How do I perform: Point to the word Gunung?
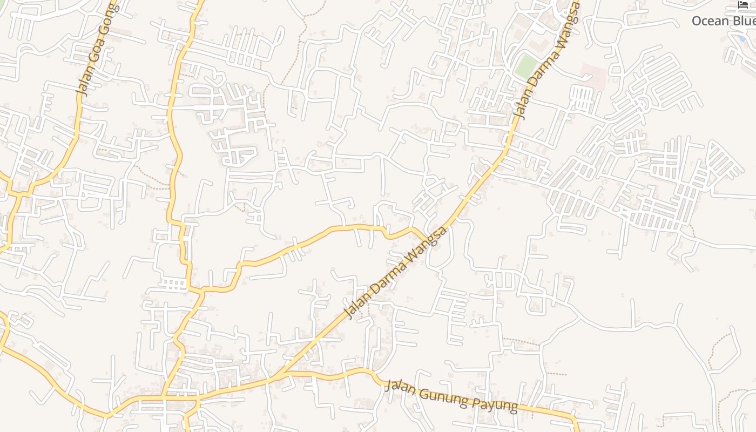(x=441, y=396)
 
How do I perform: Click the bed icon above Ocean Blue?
(x=743, y=5)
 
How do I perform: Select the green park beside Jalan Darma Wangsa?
(x=526, y=66)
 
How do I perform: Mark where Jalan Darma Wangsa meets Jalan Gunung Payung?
(x=279, y=374)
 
